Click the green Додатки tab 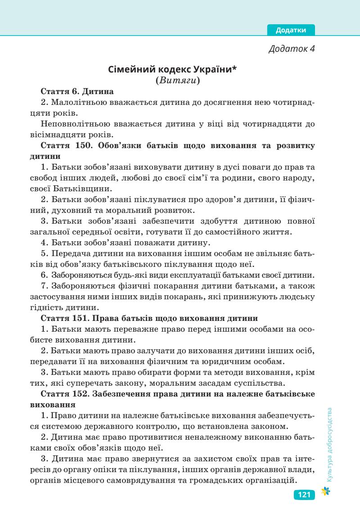(291, 30)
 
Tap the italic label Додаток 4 (291, 49)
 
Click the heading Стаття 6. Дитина (77, 91)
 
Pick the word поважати (165, 243)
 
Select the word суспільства (261, 383)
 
